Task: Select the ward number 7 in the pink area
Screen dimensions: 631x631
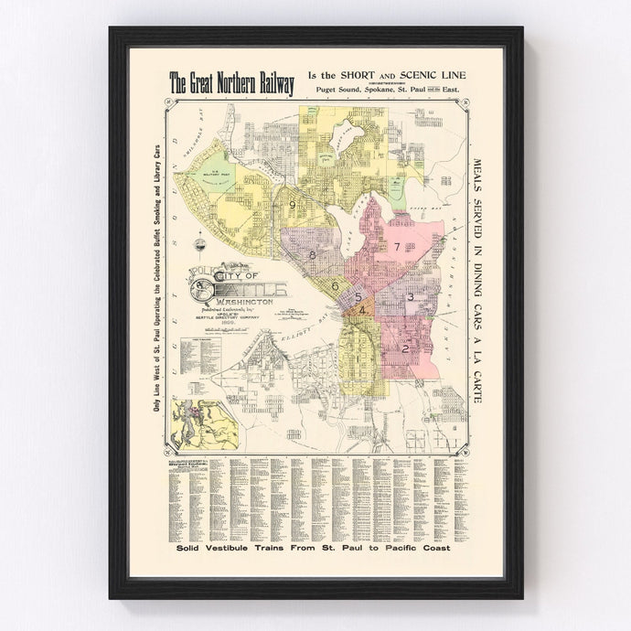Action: point(398,247)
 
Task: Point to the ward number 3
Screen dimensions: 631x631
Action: point(411,297)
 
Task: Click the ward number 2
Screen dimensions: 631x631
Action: point(404,348)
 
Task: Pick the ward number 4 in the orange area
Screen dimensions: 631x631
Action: point(363,311)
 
